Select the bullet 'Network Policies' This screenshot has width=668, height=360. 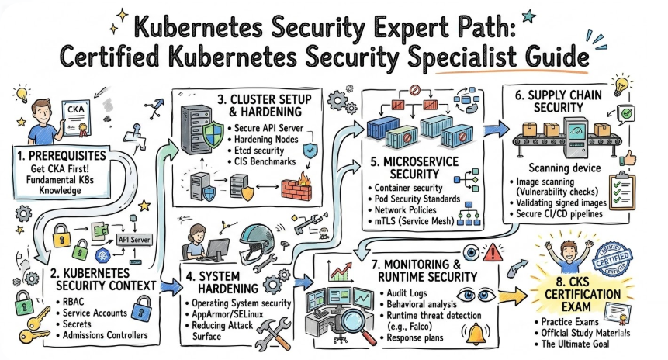405,210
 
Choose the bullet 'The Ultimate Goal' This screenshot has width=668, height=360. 586,344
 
